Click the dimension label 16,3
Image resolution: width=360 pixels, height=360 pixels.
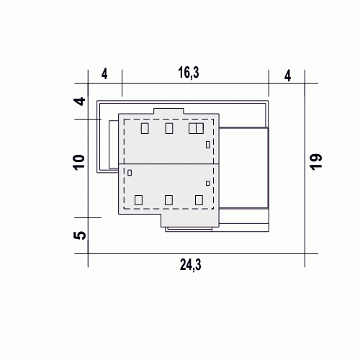tap(189, 73)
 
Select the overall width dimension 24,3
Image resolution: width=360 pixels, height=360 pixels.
tap(191, 265)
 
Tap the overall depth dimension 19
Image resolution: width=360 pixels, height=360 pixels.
tap(316, 162)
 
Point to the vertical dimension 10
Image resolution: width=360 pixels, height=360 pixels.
tap(79, 163)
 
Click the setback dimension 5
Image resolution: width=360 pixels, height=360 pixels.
tap(79, 235)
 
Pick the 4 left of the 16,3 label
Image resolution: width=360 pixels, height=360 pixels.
tap(104, 74)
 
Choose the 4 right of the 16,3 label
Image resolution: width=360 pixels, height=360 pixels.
tap(287, 76)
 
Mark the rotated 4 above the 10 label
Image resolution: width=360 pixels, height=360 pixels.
tap(79, 101)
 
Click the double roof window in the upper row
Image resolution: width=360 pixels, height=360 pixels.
tap(196, 128)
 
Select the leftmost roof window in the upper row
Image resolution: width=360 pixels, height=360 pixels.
tap(145, 128)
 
